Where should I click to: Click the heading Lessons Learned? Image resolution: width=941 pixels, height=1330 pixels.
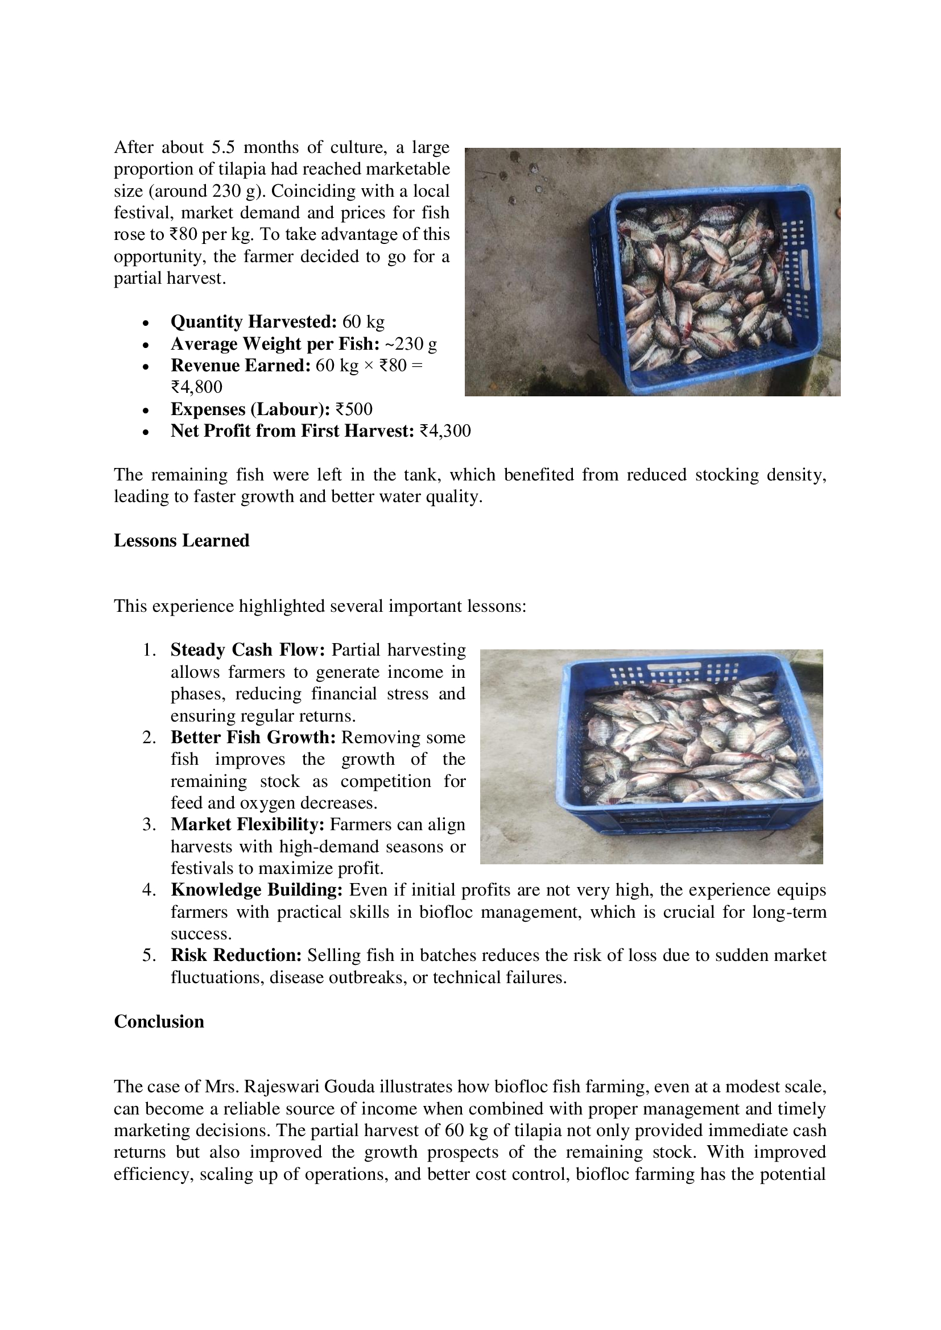click(181, 540)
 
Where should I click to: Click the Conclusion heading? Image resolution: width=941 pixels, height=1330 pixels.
click(159, 1021)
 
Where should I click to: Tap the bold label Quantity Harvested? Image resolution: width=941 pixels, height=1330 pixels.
click(253, 321)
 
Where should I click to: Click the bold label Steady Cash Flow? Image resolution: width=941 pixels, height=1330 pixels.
click(247, 650)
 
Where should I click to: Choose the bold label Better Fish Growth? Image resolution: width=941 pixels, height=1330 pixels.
click(253, 737)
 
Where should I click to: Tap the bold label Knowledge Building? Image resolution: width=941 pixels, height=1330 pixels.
click(257, 890)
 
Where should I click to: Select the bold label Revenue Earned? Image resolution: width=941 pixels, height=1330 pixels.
click(241, 366)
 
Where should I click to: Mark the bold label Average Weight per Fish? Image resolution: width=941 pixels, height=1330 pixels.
click(275, 344)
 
